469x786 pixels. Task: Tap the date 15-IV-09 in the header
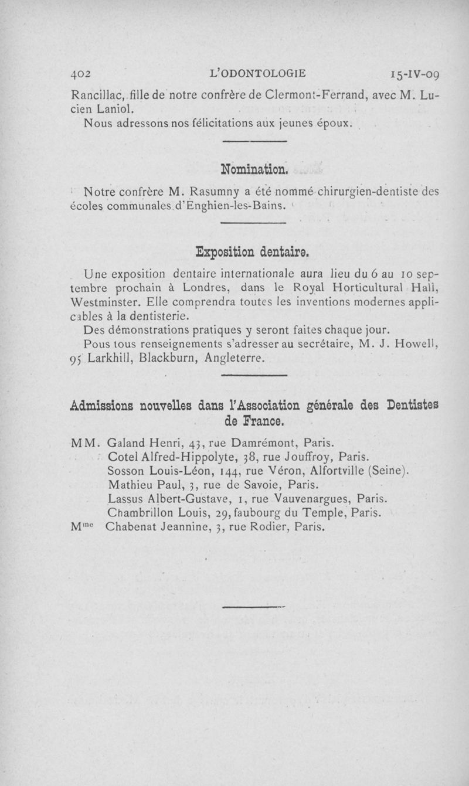tap(416, 74)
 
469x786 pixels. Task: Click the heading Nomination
tap(254, 170)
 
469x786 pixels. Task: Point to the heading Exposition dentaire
tap(252, 253)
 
